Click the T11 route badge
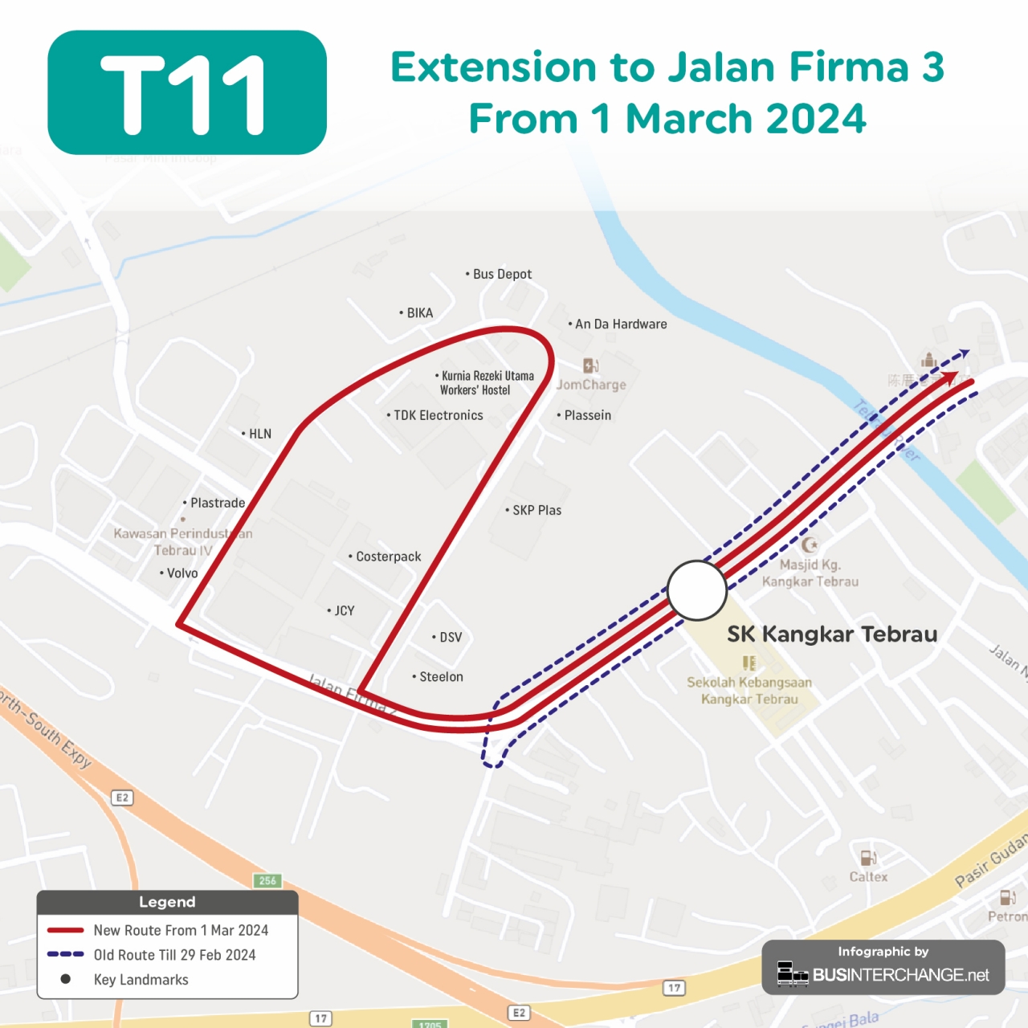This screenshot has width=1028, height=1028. tap(187, 92)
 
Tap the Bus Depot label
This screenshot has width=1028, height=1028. tap(502, 274)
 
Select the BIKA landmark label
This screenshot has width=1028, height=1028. tap(419, 312)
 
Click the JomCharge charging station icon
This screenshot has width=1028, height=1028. tap(590, 366)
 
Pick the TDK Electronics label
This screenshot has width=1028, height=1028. tap(438, 415)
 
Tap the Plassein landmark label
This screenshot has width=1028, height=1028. tap(587, 415)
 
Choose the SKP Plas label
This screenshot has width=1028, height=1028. tap(536, 510)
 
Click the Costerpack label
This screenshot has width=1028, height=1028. tap(388, 557)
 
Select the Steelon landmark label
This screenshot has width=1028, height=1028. tap(441, 677)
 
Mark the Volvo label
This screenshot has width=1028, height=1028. tap(182, 573)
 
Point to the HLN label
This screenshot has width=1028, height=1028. tap(259, 434)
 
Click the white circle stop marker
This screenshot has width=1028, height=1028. tap(697, 590)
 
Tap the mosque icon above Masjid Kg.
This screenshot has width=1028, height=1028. tap(810, 545)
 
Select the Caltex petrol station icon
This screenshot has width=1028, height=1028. tap(868, 859)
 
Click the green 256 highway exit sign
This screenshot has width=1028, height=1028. tap(267, 881)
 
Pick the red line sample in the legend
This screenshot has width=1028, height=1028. tap(66, 930)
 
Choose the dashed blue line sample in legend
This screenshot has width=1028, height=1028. tap(66, 954)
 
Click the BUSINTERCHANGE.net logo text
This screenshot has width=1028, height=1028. tap(900, 975)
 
